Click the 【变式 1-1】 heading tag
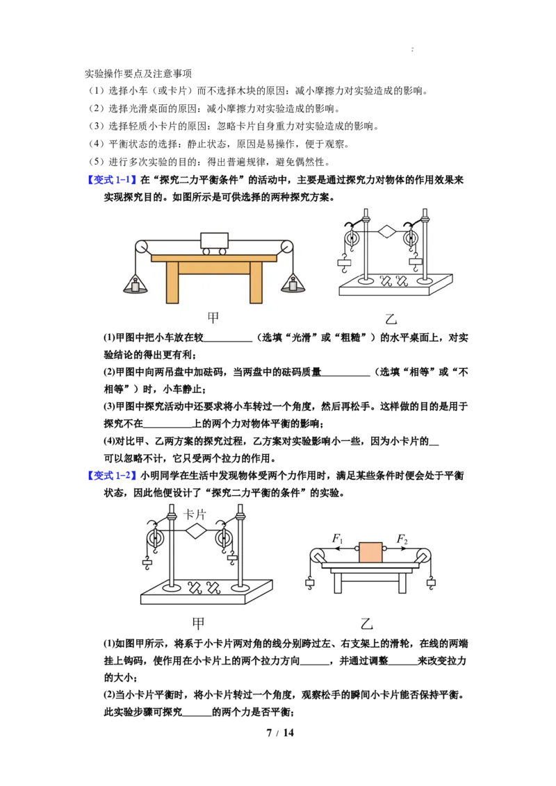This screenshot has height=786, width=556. pos(112,179)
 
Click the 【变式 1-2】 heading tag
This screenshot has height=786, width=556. pos(112,475)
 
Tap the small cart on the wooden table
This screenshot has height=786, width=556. pos(214,244)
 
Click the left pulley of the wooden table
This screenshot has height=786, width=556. pos(142,247)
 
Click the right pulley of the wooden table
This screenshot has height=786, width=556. pos(286,247)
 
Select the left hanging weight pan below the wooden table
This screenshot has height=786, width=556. pos(135,284)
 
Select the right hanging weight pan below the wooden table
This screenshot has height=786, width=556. pos(293,284)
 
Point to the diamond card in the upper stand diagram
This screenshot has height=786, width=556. pos(386,232)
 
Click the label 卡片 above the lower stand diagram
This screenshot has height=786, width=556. pos(195,515)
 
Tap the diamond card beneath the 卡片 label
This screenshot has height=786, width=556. pos(196,531)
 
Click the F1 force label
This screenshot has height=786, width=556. pos(338,539)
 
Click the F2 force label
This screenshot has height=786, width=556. pos(402,539)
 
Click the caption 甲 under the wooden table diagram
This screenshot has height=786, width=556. pos(213,318)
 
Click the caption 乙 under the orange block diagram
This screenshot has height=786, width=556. pos(367,624)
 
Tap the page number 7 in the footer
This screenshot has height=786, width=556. pos(270,733)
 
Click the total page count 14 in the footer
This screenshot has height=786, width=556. pos(288,733)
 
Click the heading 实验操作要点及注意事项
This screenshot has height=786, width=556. pos(138,74)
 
